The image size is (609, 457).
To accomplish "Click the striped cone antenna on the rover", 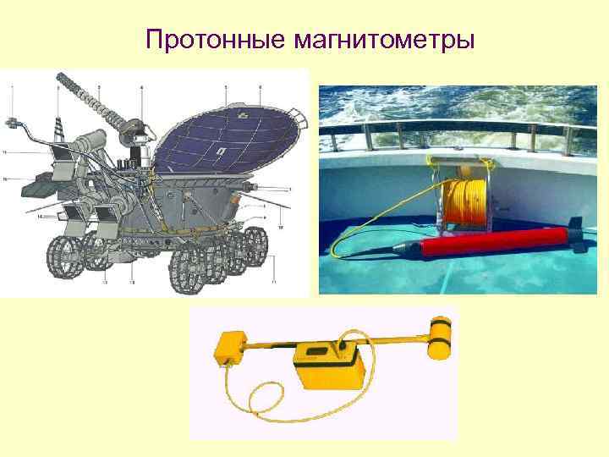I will pyautogui.click(x=58, y=127).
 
